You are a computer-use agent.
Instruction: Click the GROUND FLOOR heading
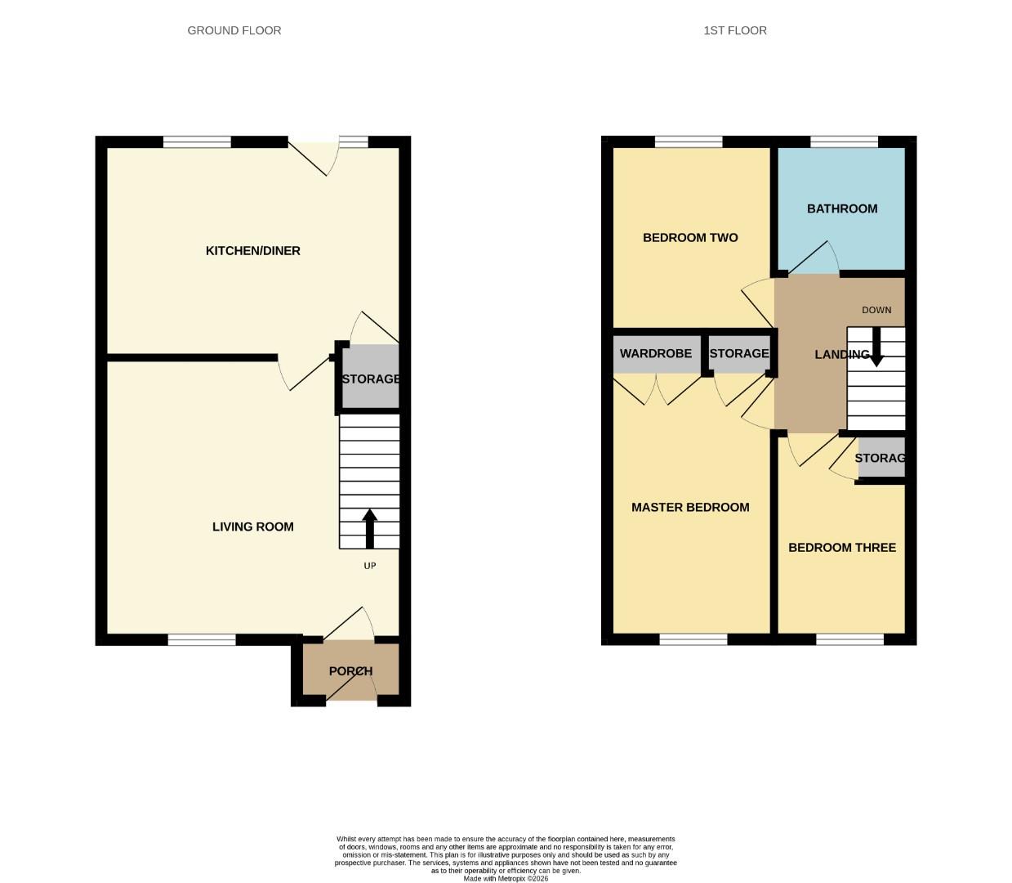(x=234, y=30)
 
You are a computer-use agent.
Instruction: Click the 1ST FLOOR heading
(x=734, y=30)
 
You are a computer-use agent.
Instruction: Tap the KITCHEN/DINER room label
(x=252, y=251)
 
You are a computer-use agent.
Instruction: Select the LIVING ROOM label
(x=252, y=527)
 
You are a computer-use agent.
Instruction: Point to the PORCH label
(x=350, y=671)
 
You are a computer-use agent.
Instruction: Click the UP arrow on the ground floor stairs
(x=369, y=528)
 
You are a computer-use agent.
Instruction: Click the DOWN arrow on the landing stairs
(x=876, y=347)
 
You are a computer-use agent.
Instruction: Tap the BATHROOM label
(x=841, y=208)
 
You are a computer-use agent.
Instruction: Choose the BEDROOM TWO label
(x=690, y=238)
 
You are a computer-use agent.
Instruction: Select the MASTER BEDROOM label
(x=690, y=508)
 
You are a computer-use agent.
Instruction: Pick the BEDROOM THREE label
(x=841, y=548)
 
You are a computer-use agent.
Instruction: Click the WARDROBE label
(x=655, y=354)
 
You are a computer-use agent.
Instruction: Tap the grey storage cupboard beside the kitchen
(x=370, y=378)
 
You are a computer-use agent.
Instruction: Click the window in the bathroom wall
(x=844, y=142)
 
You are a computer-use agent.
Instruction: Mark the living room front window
(x=202, y=639)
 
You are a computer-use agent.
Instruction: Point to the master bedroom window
(x=693, y=639)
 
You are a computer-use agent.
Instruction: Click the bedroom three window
(x=849, y=639)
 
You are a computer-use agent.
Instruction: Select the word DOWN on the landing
(x=876, y=310)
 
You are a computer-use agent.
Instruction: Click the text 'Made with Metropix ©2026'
(x=506, y=879)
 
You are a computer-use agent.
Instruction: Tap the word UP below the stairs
(x=369, y=566)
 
